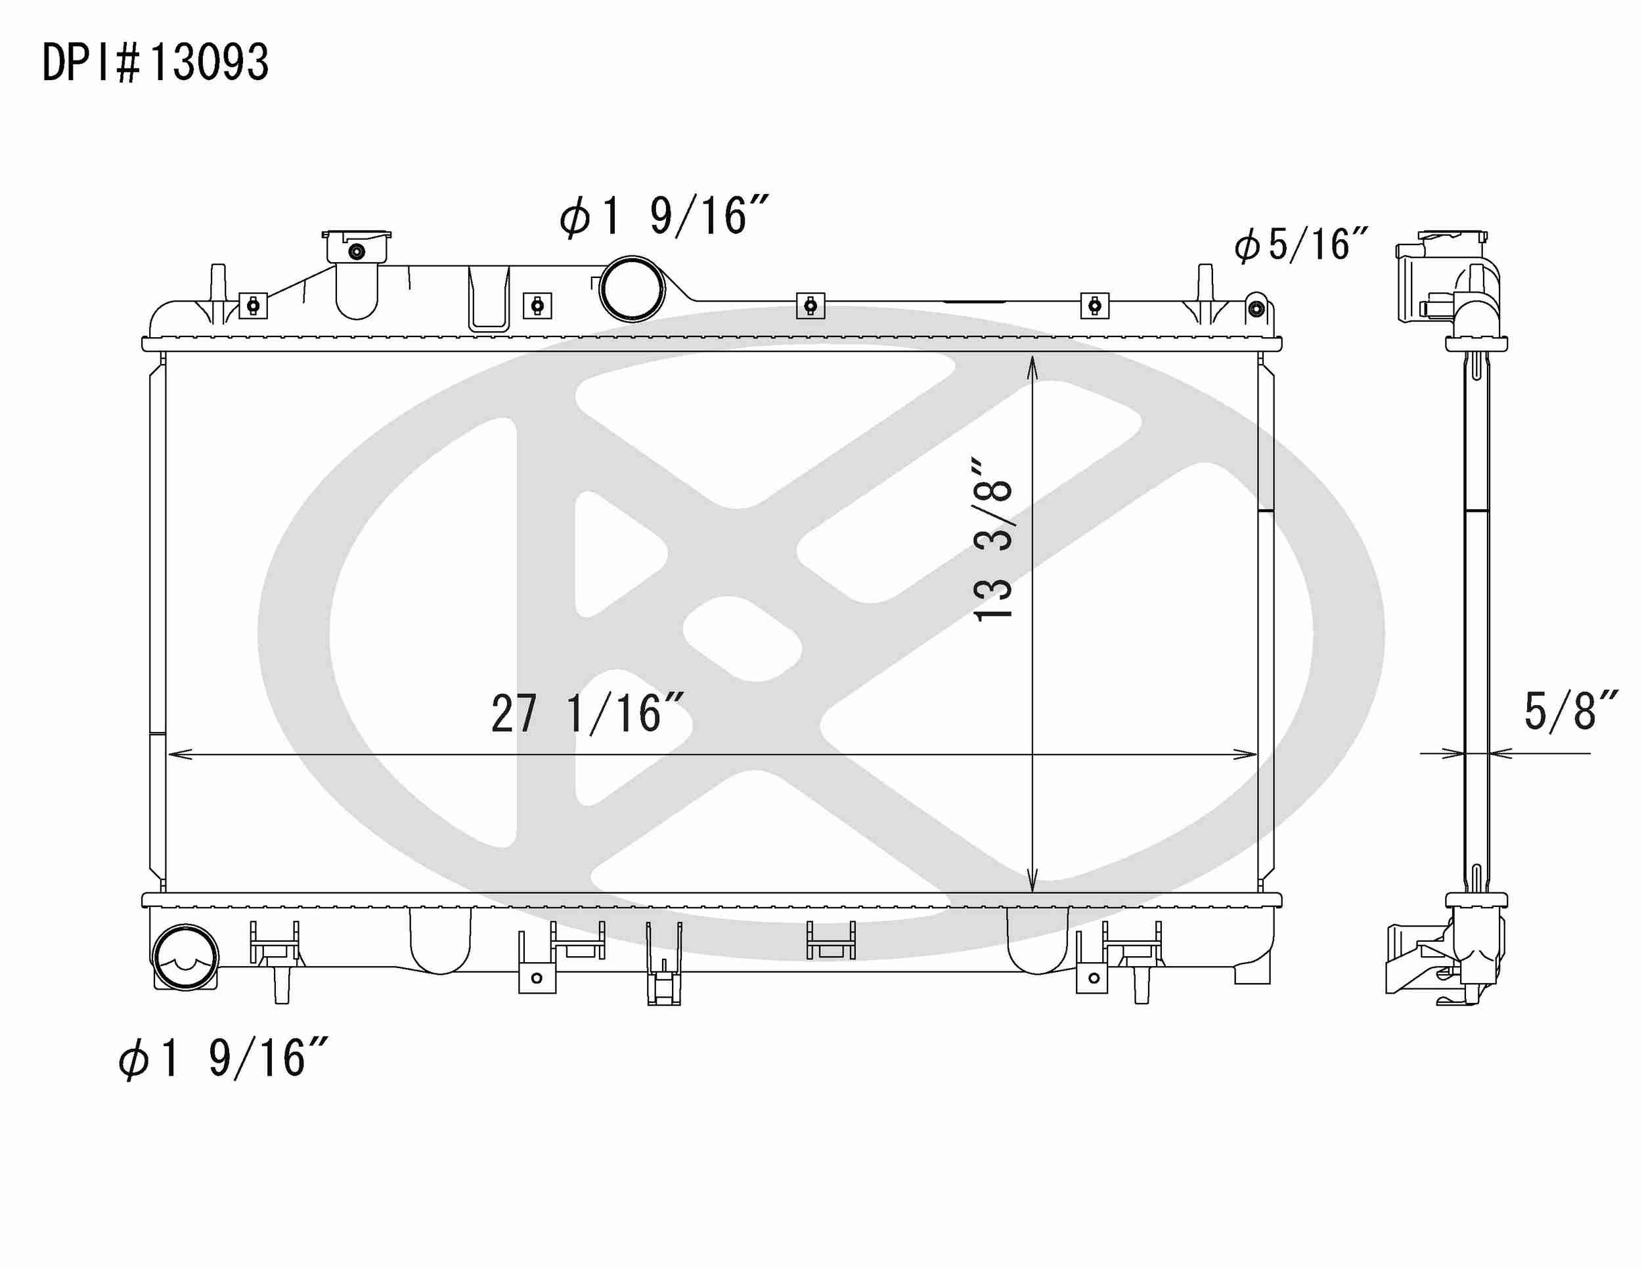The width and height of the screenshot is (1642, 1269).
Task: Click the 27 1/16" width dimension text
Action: [x=587, y=714]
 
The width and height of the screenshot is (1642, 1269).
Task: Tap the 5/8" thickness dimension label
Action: [x=1570, y=711]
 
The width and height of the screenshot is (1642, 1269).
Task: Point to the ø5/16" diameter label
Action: [x=1301, y=245]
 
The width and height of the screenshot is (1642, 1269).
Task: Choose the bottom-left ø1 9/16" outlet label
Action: [x=223, y=1059]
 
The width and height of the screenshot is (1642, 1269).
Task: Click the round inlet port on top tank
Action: [x=632, y=289]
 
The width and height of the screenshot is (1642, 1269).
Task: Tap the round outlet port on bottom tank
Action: [x=185, y=958]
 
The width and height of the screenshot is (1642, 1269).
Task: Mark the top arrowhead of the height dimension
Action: [x=1032, y=365]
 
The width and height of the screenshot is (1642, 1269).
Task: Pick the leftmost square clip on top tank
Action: [x=254, y=306]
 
